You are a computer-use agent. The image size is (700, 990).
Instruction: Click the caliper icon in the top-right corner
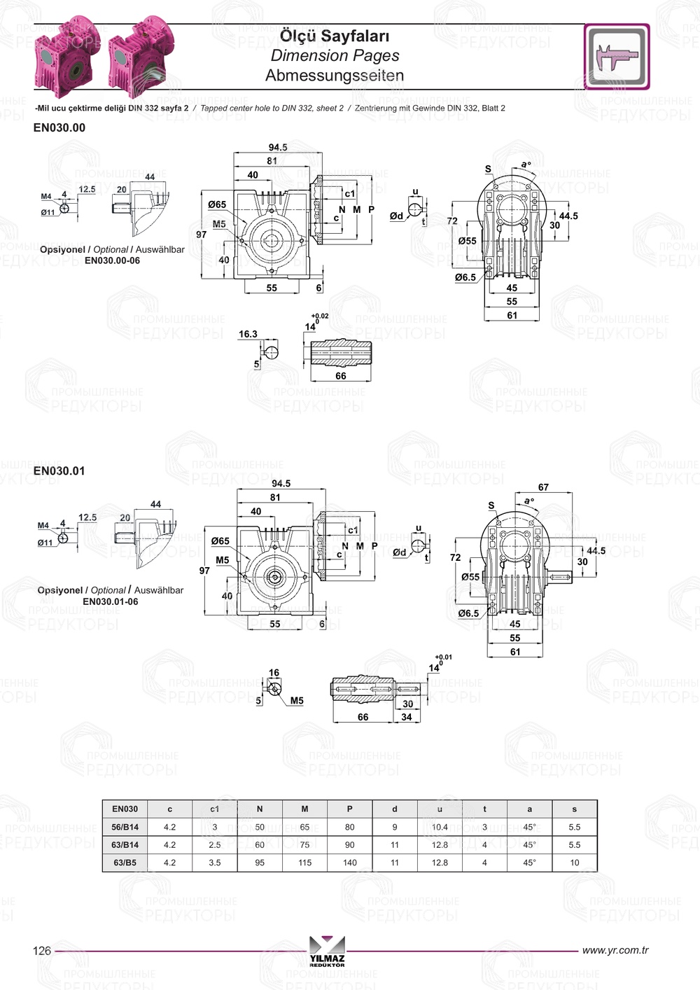617,57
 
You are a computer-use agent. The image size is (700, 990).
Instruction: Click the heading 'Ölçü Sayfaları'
335,36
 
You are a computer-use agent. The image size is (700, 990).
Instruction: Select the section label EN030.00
59,127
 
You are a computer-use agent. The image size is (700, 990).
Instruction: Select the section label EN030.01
59,470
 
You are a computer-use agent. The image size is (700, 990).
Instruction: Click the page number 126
42,950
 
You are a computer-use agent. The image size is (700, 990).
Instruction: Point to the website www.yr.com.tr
615,950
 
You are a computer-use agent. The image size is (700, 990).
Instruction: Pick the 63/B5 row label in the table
125,863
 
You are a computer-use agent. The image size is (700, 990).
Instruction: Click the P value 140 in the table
349,863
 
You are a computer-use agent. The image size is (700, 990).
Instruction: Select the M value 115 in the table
304,863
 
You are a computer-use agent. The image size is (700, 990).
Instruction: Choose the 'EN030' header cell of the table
125,809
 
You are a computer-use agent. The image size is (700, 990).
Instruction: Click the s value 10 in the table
574,863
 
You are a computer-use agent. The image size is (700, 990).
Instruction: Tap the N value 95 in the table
260,863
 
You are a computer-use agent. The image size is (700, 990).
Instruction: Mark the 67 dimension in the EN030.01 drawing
543,487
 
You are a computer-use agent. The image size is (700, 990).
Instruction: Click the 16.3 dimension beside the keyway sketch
248,334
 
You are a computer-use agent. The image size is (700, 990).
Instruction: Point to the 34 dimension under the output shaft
407,717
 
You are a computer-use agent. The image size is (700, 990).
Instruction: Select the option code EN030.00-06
112,260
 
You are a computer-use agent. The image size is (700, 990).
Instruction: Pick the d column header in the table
395,809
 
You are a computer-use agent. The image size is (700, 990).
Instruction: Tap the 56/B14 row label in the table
125,827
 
